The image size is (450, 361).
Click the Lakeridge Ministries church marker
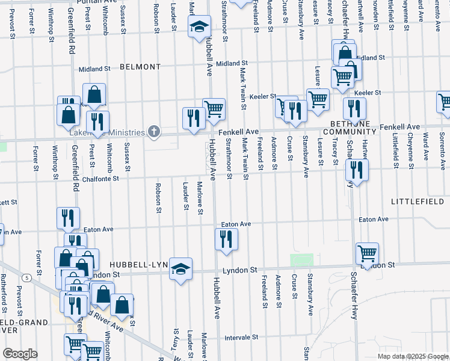tap(154, 132)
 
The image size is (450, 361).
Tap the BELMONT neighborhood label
tap(140, 67)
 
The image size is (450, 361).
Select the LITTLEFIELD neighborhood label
tap(420, 200)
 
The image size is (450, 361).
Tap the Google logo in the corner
tap(20, 354)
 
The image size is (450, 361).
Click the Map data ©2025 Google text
tap(413, 356)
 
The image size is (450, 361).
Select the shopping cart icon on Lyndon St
tap(366, 253)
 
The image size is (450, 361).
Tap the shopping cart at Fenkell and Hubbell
tap(214, 109)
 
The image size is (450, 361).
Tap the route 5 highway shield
tap(28, 277)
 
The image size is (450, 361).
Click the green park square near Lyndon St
tap(302, 260)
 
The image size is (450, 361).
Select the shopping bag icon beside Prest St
tap(94, 94)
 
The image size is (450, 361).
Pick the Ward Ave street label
tap(425, 147)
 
